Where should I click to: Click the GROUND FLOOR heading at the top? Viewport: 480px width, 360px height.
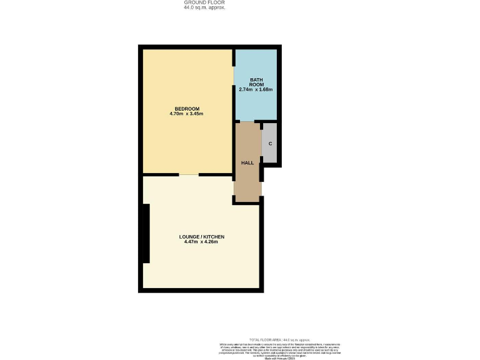pyautogui.click(x=204, y=2)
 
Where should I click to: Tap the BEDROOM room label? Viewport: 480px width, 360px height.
pyautogui.click(x=186, y=109)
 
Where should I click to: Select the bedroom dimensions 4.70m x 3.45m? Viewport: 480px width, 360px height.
pyautogui.click(x=186, y=114)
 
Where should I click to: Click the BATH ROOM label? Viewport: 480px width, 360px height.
pyautogui.click(x=256, y=82)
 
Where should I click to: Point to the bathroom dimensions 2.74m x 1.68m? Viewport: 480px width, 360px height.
pyautogui.click(x=256, y=89)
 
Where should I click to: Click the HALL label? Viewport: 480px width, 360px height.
pyautogui.click(x=247, y=162)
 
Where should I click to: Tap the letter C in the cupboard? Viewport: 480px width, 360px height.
pyautogui.click(x=270, y=144)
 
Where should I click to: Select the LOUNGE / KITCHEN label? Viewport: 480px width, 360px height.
pyautogui.click(x=201, y=237)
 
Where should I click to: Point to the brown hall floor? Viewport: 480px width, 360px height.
pyautogui.click(x=247, y=181)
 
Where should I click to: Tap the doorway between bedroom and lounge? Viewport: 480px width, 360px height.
pyautogui.click(x=189, y=174)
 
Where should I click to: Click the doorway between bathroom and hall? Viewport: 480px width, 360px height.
pyautogui.click(x=247, y=121)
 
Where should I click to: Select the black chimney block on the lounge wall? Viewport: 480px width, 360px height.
pyautogui.click(x=146, y=234)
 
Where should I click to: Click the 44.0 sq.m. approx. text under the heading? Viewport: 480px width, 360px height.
pyautogui.click(x=204, y=7)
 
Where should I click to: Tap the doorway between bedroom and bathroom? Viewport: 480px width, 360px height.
pyautogui.click(x=234, y=81)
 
